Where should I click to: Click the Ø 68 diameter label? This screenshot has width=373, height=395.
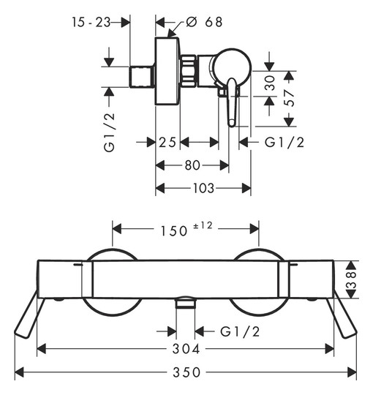(204, 22)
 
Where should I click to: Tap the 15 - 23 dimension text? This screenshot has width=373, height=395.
(91, 22)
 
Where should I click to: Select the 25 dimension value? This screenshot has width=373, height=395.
(167, 143)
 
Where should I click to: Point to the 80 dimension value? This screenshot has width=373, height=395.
(192, 165)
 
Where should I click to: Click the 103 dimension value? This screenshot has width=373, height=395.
(203, 188)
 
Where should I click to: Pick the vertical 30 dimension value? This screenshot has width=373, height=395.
(270, 83)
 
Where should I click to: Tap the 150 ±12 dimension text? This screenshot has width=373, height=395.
(186, 229)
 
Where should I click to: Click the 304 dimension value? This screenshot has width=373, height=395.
(186, 349)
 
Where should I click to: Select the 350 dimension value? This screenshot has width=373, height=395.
(186, 372)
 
